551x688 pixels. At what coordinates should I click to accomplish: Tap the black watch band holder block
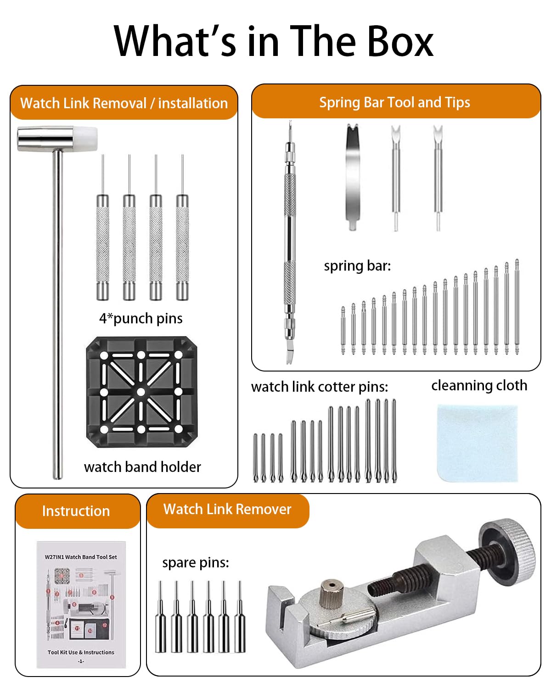pyautogui.click(x=141, y=392)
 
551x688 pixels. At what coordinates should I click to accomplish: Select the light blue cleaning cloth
pyautogui.click(x=477, y=442)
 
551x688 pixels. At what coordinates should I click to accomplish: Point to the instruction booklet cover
pyautogui.click(x=81, y=604)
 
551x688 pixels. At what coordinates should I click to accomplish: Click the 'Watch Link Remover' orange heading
pyautogui.click(x=227, y=510)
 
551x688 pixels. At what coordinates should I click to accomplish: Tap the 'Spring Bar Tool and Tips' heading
pyautogui.click(x=394, y=102)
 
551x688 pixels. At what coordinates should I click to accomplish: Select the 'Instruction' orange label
pyautogui.click(x=76, y=511)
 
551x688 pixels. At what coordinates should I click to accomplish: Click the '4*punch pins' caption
pyautogui.click(x=141, y=318)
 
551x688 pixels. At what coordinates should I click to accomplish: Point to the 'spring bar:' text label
pyautogui.click(x=357, y=266)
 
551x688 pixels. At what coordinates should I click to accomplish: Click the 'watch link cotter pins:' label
pyautogui.click(x=319, y=387)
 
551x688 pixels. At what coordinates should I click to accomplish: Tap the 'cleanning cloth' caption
pyautogui.click(x=479, y=385)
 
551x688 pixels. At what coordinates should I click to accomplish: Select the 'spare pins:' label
pyautogui.click(x=195, y=563)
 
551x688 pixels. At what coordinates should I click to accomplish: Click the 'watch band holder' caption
pyautogui.click(x=142, y=467)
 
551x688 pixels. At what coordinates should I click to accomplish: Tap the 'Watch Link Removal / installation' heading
pyautogui.click(x=124, y=103)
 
